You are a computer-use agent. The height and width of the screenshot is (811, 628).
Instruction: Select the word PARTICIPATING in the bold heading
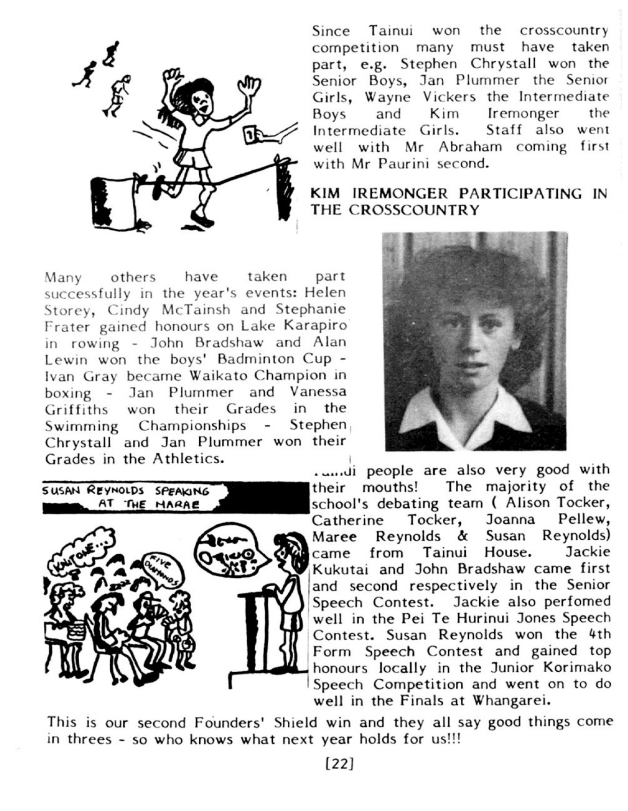[522, 194]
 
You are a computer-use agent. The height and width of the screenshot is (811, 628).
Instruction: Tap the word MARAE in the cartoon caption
[177, 505]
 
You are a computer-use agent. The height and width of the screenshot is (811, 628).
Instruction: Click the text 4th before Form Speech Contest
[599, 634]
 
